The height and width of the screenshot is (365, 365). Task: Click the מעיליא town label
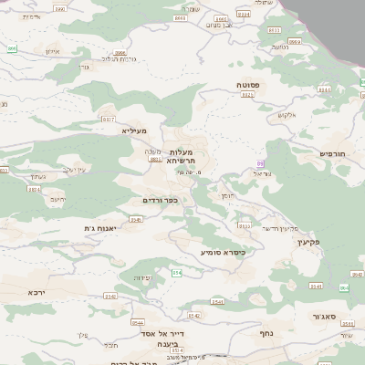point(134,131)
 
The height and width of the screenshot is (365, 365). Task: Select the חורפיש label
point(336,153)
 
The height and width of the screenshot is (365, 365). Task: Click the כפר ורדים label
point(158,200)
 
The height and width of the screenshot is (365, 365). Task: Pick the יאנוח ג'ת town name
point(102,227)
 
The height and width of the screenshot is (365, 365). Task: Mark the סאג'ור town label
point(331,316)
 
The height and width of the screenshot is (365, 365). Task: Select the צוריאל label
point(264,173)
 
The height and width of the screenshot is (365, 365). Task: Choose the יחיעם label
point(58,198)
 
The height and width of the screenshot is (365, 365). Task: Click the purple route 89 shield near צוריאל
point(260,163)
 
